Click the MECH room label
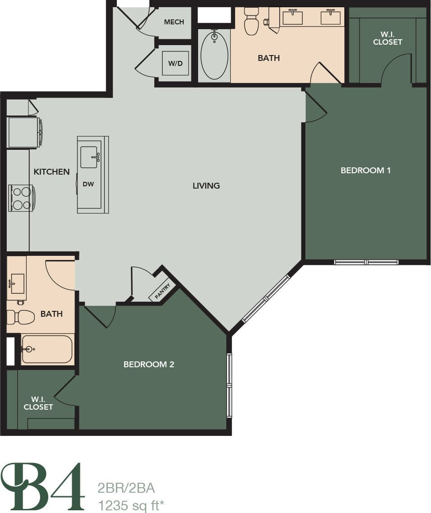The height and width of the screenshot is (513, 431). [174, 22]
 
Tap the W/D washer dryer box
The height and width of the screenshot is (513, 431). [175, 63]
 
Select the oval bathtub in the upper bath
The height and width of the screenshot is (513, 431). [214, 55]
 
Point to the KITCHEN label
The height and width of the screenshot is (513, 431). [51, 171]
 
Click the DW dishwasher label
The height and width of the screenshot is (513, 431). [88, 184]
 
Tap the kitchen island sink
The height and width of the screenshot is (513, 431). [89, 157]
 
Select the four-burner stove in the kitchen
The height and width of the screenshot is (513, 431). [21, 198]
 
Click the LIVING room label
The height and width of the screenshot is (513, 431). [206, 185]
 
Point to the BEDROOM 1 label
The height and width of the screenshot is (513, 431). [365, 170]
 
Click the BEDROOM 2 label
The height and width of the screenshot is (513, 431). [148, 364]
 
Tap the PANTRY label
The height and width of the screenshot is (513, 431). [162, 291]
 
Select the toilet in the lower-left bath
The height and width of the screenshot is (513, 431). [22, 317]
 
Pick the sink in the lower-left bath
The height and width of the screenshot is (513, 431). [17, 283]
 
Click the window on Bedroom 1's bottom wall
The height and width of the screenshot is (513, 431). [366, 262]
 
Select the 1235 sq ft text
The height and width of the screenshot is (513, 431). [130, 505]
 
